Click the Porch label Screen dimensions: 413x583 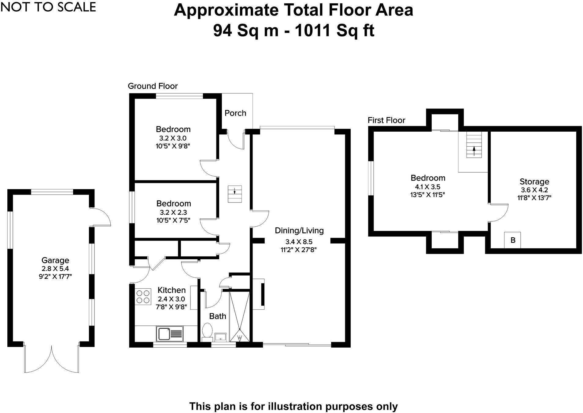[235, 113]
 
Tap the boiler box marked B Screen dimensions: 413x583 [512, 240]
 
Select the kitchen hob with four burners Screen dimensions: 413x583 [143, 297]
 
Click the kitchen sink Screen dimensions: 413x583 [170, 334]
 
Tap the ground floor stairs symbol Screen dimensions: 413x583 [234, 194]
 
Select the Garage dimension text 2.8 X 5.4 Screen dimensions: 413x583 [55, 269]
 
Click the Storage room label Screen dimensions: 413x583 [534, 182]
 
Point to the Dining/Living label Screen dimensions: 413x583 [299, 230]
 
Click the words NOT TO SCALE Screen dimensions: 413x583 [48, 7]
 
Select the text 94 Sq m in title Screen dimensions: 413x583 [245, 30]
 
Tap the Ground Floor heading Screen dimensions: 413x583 [153, 86]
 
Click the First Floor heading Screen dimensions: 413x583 [386, 120]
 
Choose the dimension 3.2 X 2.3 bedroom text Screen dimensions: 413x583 [173, 212]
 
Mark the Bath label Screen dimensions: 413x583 [218, 316]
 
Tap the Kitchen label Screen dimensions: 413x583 [172, 290]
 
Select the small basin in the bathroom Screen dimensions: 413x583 [220, 337]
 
